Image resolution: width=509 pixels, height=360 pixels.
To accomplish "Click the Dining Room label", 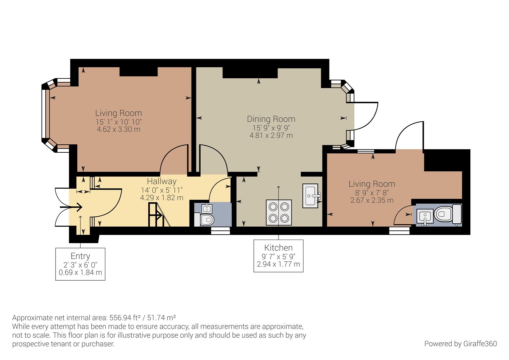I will coord(271,119).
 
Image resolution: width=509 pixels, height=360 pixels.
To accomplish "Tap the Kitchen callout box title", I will coord(278,248).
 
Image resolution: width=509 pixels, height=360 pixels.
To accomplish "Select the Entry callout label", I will coord(80,256).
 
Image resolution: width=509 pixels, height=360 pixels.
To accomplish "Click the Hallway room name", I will coord(162,181).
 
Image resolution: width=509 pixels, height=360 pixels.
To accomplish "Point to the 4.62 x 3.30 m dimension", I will coord(118,129).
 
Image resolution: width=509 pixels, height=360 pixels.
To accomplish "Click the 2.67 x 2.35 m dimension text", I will coord(372,200).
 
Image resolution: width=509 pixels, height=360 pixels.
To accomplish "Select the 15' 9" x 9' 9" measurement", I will coord(271,128).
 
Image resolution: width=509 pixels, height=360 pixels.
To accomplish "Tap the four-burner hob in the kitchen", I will coord(279,212).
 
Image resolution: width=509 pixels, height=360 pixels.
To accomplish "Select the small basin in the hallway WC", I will coord(207,209).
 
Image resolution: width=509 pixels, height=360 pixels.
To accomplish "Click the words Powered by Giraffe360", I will coord(460,344).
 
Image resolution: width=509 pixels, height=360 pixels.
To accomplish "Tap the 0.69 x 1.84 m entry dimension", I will coord(80,273).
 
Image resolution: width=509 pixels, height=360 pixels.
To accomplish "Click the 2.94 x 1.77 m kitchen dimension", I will coord(278,264).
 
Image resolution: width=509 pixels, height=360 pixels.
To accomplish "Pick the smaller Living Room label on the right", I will coord(372,184).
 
